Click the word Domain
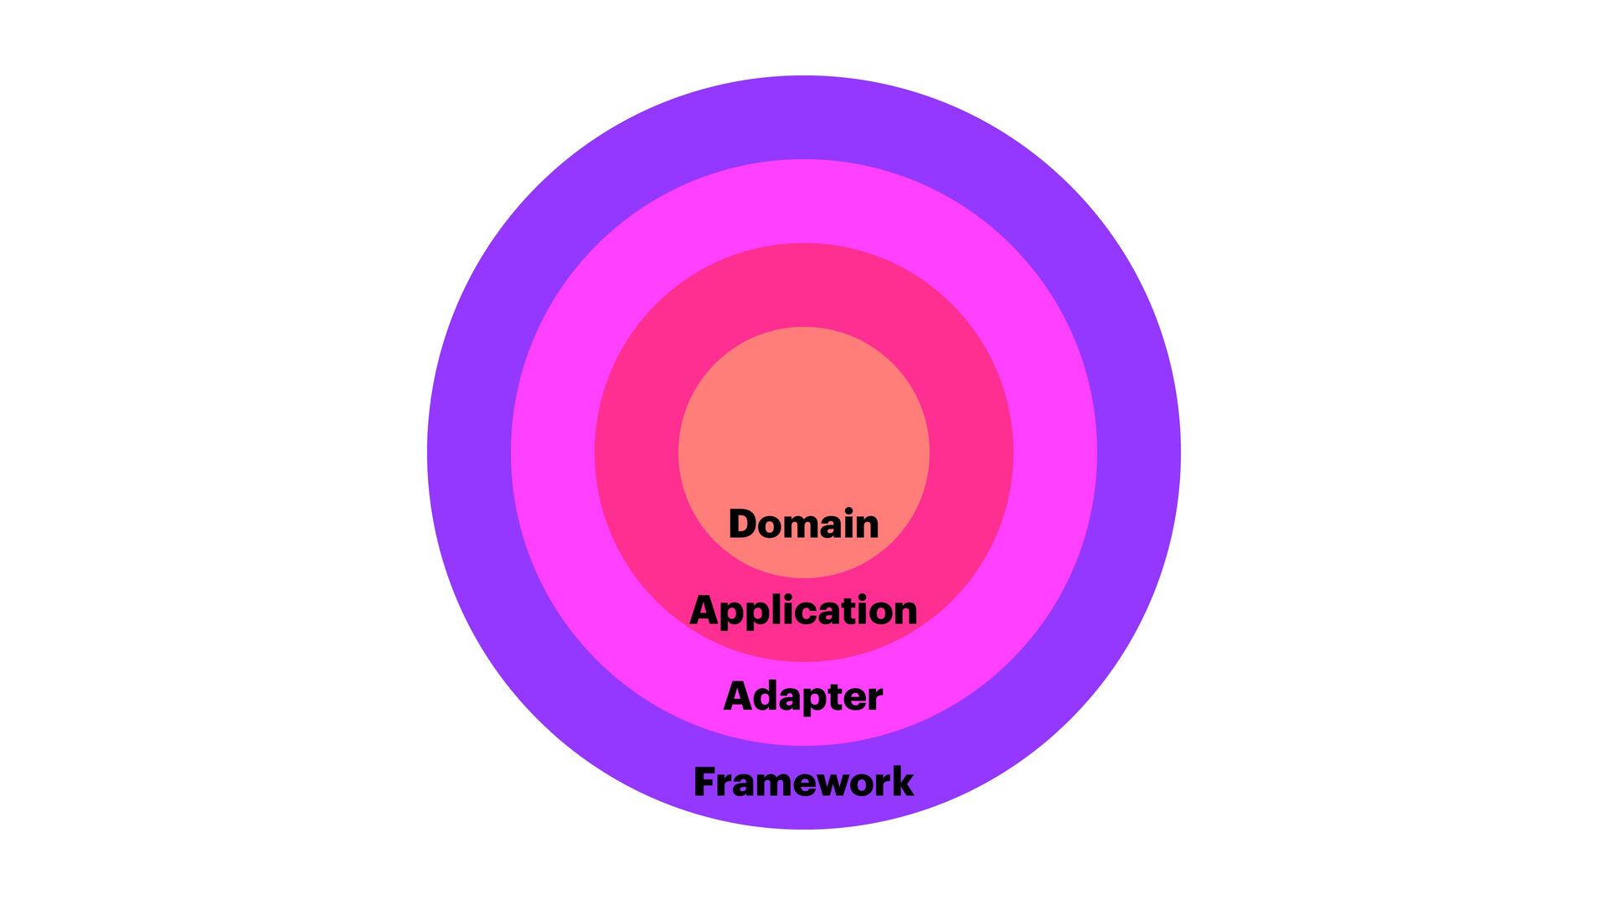(x=803, y=524)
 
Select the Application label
(x=803, y=610)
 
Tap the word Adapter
(x=803, y=696)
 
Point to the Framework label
(x=803, y=782)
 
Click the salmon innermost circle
(x=803, y=419)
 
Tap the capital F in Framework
(x=705, y=782)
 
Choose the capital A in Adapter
(x=738, y=696)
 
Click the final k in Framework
(x=902, y=782)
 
